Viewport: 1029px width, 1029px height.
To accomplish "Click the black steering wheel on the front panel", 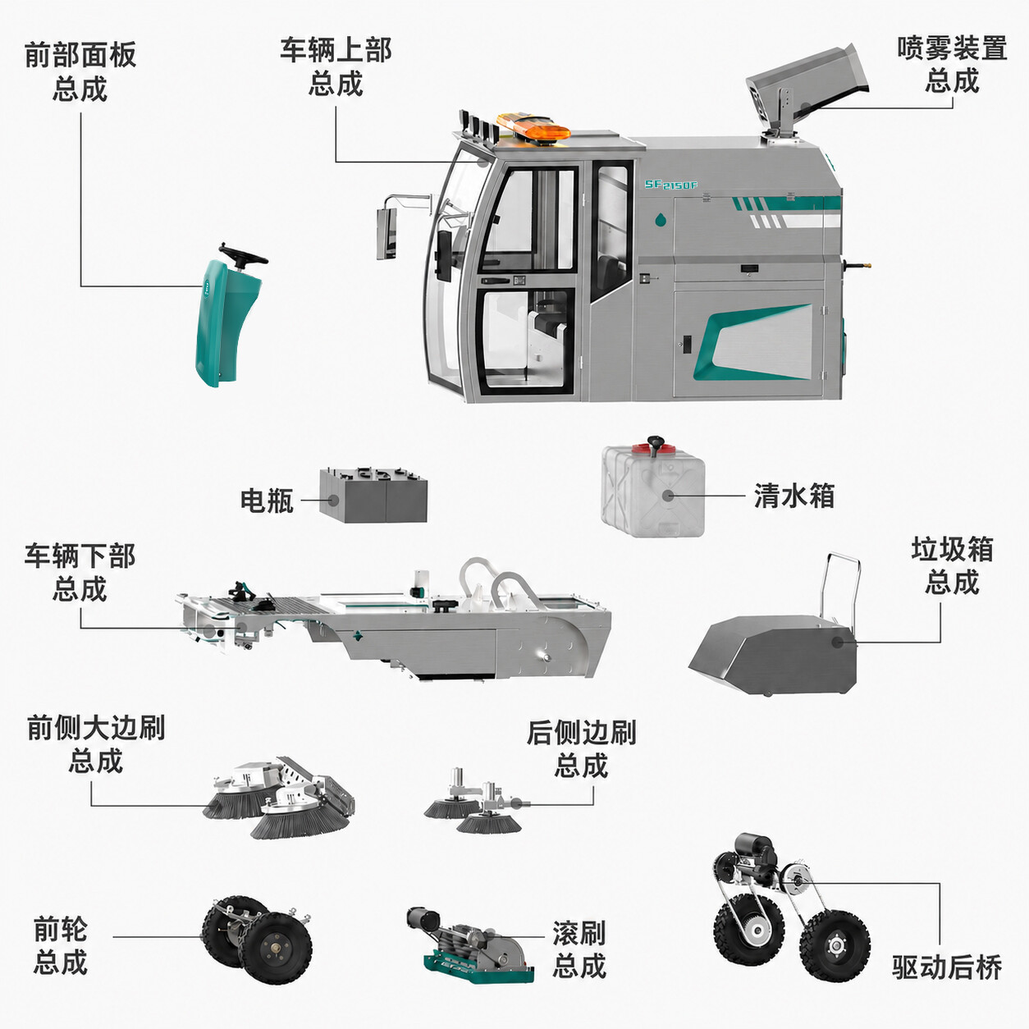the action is (242, 254).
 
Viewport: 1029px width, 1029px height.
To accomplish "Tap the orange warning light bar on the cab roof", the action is (533, 126).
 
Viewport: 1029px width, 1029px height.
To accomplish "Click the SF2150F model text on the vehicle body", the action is (670, 185).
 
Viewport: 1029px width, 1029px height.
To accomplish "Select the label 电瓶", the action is (267, 501).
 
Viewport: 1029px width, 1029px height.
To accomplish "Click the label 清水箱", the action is (794, 496).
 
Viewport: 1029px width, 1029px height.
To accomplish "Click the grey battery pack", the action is (373, 495).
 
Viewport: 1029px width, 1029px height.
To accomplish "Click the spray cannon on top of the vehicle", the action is (807, 94).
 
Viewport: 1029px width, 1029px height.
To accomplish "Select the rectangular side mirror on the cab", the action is (386, 235).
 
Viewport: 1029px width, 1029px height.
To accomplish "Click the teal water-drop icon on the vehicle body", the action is (661, 219).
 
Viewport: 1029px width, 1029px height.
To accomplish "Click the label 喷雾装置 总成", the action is (952, 65).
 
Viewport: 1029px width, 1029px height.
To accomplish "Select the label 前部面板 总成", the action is (80, 71).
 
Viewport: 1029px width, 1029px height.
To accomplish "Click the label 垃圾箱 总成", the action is (952, 566).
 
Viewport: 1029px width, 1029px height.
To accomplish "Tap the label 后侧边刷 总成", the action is (582, 749).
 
